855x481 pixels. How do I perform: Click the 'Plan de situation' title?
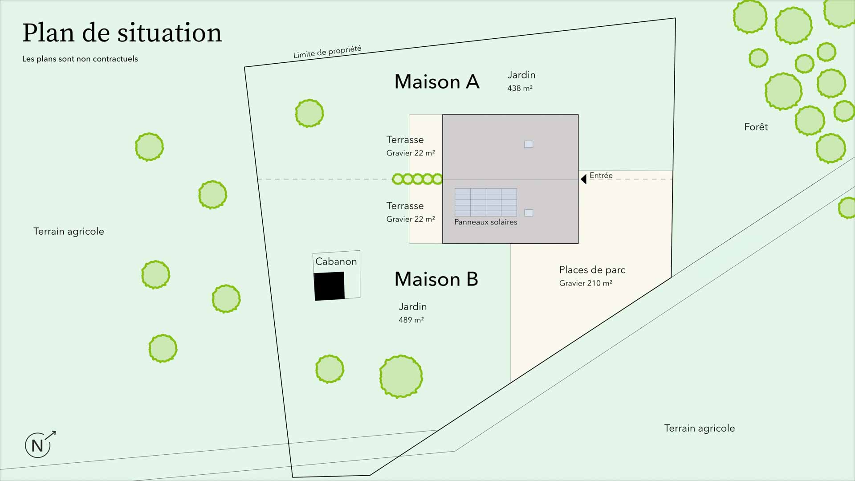[x=122, y=33]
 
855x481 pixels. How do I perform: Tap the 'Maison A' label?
[x=436, y=82]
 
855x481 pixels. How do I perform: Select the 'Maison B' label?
[x=436, y=279]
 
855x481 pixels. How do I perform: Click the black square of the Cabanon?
[x=330, y=286]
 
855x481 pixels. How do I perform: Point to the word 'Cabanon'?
[x=336, y=261]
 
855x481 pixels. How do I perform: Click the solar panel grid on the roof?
[x=486, y=202]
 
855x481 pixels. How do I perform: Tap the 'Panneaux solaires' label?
[x=486, y=222]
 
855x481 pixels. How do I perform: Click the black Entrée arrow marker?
[x=583, y=179]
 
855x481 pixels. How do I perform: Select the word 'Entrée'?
[x=601, y=175]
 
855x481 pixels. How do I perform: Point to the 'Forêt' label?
[x=756, y=127]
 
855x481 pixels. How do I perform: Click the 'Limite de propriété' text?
[x=327, y=52]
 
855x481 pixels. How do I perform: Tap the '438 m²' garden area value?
[x=520, y=88]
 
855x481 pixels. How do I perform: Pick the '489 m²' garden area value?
[x=411, y=320]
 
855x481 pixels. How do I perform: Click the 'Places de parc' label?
[x=592, y=270]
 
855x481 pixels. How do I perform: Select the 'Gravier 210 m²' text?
[x=586, y=283]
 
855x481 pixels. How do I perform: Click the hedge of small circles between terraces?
[x=417, y=179]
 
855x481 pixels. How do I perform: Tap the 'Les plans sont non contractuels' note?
[x=80, y=59]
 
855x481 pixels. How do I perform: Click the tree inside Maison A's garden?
[x=309, y=113]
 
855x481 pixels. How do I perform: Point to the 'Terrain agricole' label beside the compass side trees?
[x=69, y=232]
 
